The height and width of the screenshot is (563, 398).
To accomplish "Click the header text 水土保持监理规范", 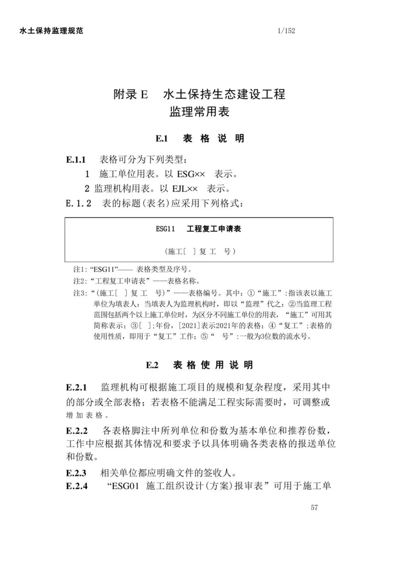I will coord(51,31).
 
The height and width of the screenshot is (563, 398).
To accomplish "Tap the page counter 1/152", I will coord(286,31).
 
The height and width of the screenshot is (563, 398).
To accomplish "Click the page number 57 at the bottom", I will coord(314,507).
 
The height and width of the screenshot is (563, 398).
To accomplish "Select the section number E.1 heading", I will coord(161,139).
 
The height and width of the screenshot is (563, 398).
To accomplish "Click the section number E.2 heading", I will coord(152,365).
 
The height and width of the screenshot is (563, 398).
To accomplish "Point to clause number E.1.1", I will coord(76,160).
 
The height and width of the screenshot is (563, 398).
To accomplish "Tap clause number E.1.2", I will coord(78,203).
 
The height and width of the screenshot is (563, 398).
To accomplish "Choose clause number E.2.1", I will coord(76,388).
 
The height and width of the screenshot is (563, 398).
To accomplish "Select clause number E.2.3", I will coord(76,473).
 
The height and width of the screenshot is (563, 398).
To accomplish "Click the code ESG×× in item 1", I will coord(191,174).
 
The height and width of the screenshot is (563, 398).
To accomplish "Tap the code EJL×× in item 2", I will coord(185,189).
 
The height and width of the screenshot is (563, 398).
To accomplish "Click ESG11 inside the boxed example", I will coord(165,229).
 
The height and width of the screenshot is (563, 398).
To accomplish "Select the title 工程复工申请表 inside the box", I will coord(214,229).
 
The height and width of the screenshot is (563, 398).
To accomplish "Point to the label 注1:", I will coord(80,269).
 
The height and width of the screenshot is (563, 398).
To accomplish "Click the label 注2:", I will coord(80,281).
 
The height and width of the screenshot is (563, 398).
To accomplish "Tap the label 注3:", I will coord(80,293).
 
